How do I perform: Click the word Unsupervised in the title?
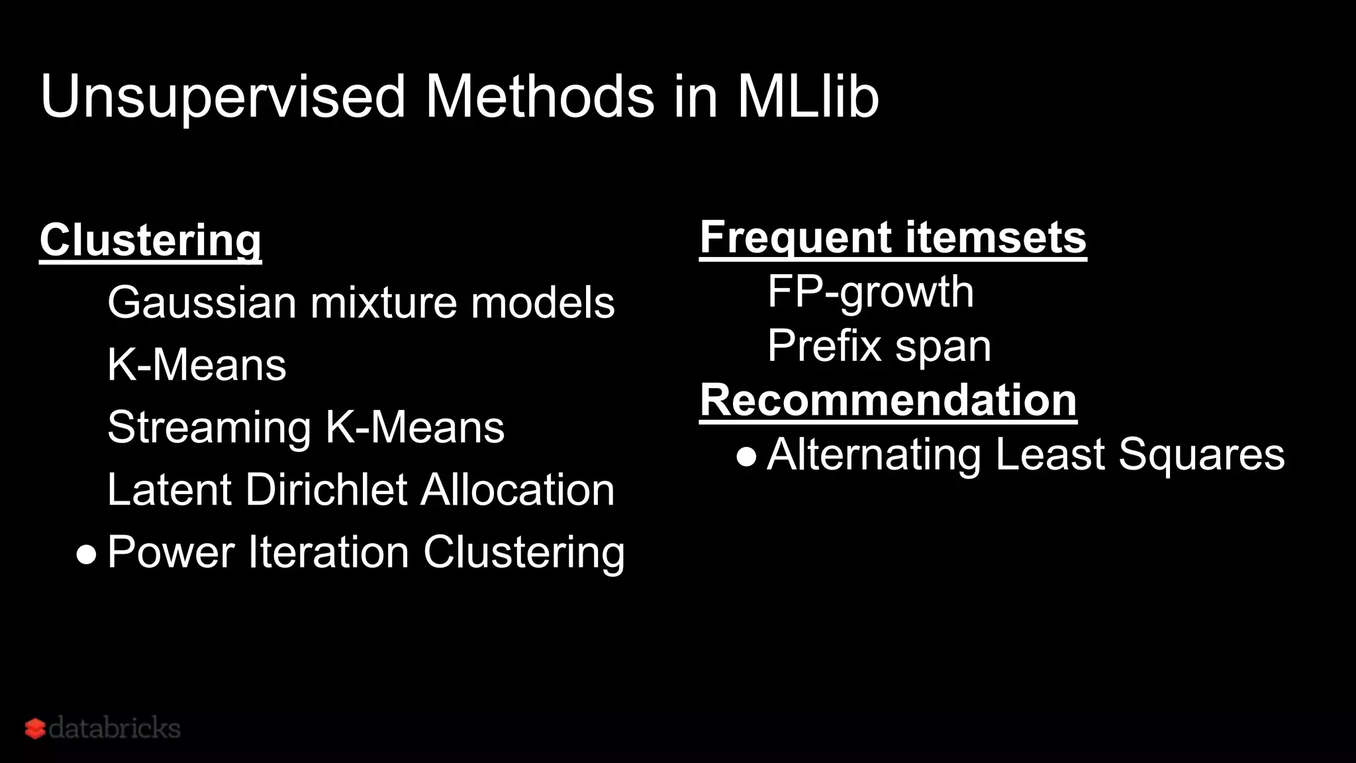222,97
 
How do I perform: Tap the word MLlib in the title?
808,97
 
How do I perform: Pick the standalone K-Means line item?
197,365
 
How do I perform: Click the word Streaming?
209,427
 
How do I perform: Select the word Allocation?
517,489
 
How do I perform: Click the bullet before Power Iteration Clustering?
86,554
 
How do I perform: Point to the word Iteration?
328,552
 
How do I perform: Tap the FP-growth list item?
870,291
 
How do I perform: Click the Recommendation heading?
888,400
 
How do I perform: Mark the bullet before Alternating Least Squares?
746,456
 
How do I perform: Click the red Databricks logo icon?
34,729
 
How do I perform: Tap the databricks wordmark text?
115,728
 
